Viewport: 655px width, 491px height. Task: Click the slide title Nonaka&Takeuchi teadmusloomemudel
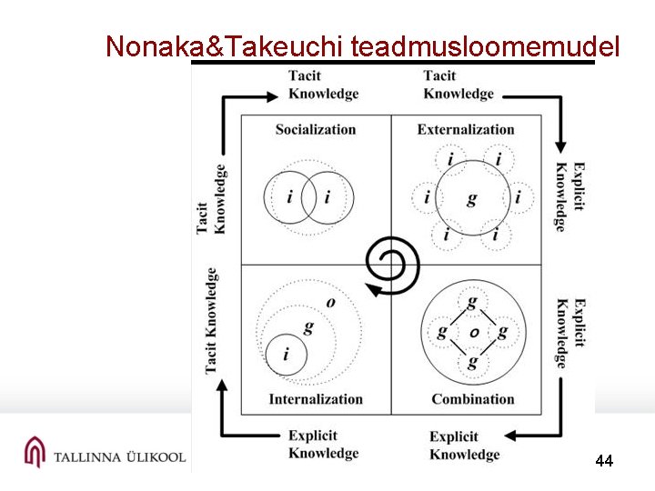coord(363,46)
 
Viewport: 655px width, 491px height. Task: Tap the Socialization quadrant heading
coord(315,129)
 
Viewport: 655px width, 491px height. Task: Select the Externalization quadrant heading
coord(466,129)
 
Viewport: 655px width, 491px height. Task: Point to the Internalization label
coord(316,398)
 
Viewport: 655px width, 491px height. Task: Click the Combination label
coord(472,398)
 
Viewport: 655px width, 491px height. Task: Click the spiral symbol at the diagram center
coord(390,265)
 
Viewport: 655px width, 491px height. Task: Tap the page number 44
coord(604,461)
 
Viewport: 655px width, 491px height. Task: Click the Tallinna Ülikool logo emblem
coord(34,452)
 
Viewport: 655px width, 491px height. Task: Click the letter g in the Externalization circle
coord(471,197)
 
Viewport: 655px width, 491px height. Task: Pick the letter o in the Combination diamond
coord(473,332)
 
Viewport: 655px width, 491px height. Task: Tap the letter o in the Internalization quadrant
coord(330,302)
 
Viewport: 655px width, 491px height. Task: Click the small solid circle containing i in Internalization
coord(287,353)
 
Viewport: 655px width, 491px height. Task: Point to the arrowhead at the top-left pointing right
coord(271,95)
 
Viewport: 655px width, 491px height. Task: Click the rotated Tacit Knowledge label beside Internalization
coord(211,319)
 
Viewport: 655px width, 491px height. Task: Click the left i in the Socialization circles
coord(289,196)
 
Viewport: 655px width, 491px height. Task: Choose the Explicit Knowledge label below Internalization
coord(323,445)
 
